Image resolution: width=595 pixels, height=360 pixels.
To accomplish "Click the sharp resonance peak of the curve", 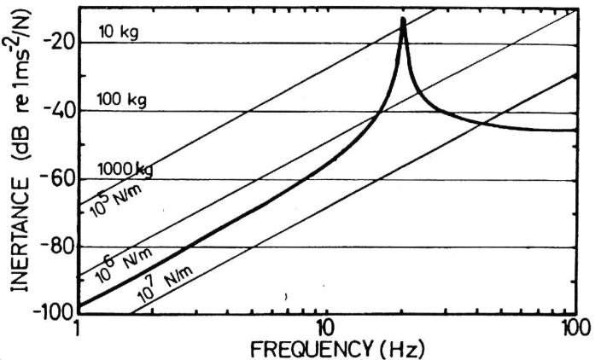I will (x=403, y=20).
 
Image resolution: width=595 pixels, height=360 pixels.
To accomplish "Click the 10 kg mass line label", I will (x=118, y=34).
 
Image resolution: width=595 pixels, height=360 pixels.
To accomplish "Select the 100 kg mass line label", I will (x=122, y=101).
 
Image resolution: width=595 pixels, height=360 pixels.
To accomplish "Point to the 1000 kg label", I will (x=125, y=168).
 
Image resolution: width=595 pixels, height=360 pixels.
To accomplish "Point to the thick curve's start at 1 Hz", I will (x=79, y=305).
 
